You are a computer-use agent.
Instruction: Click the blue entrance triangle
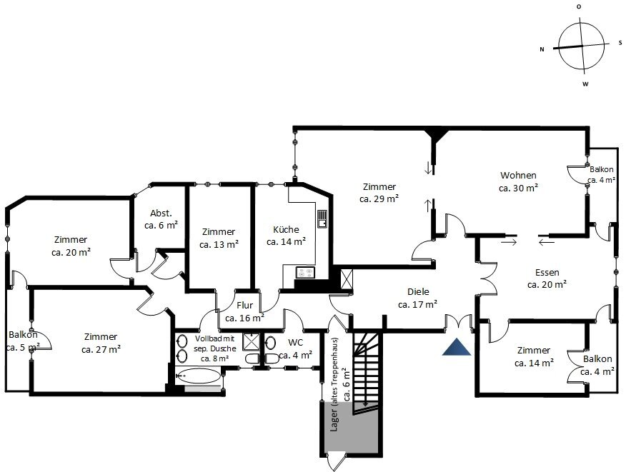457,347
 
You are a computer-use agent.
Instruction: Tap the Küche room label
286,229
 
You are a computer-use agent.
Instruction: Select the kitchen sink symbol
322,219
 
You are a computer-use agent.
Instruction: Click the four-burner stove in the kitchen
305,273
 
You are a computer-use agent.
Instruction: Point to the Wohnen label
518,175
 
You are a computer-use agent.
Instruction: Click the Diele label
418,291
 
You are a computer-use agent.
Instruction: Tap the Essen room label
547,273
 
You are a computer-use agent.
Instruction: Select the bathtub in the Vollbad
199,376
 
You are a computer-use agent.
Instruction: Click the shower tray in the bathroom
251,341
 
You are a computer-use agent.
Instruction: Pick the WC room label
295,342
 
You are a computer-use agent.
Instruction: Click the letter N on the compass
542,49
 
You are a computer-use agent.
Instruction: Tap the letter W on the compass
585,84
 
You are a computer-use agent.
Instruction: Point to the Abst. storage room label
161,213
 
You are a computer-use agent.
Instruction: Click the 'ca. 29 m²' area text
379,199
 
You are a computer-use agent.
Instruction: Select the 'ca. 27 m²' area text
101,349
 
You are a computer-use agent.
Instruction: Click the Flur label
244,305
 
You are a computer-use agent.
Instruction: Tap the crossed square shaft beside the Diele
347,278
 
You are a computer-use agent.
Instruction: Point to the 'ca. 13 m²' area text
219,244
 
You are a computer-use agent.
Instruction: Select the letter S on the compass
620,43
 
